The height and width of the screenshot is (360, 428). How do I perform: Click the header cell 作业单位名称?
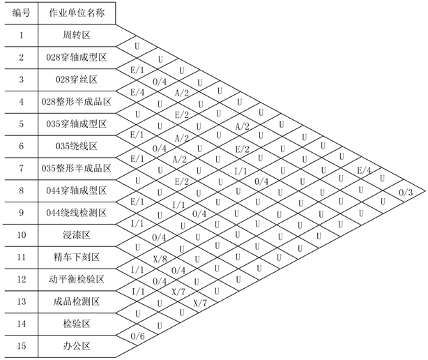point(78,13)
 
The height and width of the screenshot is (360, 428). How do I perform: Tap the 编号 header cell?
point(21,13)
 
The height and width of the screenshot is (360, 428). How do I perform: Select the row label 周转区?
point(78,35)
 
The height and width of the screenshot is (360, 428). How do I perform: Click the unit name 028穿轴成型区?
point(78,57)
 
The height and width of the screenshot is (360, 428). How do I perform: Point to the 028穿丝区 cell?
point(78,80)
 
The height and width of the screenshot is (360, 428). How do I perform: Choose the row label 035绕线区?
point(78,146)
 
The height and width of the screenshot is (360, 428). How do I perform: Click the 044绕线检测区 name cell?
point(78,213)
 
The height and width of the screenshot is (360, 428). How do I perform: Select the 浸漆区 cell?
point(78,235)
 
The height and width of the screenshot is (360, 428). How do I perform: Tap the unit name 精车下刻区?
point(78,257)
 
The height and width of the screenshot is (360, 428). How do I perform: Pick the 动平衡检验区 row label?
point(78,279)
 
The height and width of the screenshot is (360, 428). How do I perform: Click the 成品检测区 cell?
point(78,301)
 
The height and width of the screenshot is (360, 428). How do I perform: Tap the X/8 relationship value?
point(160,259)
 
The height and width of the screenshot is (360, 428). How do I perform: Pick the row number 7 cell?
point(21,168)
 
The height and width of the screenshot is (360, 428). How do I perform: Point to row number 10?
point(21,235)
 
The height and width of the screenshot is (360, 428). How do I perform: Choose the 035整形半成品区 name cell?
point(78,168)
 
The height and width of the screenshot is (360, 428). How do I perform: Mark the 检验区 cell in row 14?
point(78,324)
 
